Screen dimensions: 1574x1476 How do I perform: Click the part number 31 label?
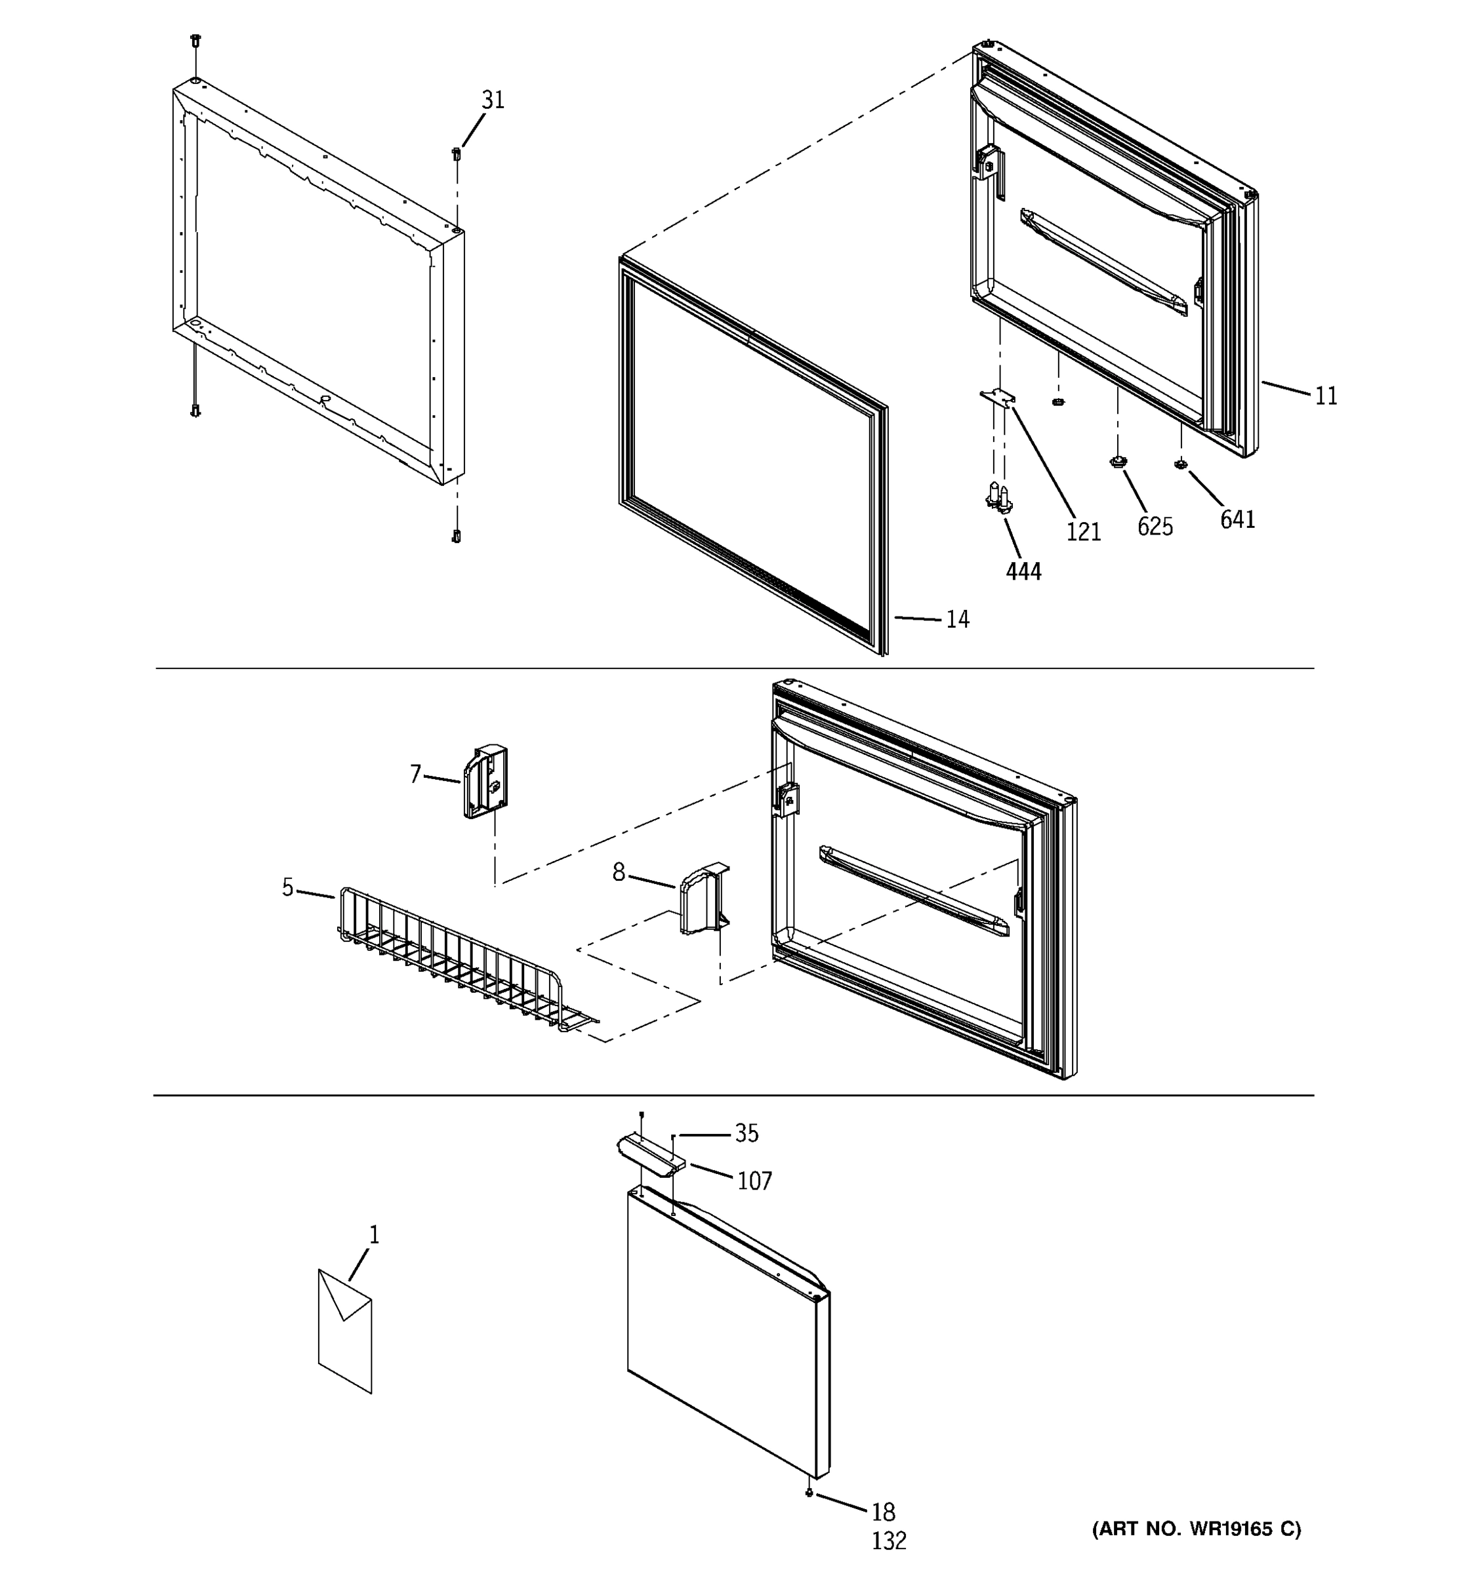(x=493, y=100)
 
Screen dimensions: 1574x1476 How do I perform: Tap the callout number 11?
(x=1326, y=396)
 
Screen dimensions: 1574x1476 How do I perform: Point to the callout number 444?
(x=1023, y=571)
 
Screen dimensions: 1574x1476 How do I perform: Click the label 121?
(x=1082, y=532)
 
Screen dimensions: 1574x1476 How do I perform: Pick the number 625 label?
(x=1155, y=527)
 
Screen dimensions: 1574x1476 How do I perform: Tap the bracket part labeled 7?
(x=485, y=782)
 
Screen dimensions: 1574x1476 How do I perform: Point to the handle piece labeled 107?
(x=649, y=1153)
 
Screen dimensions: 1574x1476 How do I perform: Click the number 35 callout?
(x=746, y=1134)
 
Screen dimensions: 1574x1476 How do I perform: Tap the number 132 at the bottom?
(x=888, y=1541)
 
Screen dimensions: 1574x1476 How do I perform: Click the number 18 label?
(x=883, y=1512)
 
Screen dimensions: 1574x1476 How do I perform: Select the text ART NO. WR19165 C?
(x=1196, y=1529)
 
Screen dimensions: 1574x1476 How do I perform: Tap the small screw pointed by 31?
(x=456, y=153)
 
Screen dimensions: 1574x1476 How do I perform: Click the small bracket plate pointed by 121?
(x=997, y=398)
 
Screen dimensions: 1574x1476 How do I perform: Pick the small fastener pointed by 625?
(x=1117, y=461)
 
